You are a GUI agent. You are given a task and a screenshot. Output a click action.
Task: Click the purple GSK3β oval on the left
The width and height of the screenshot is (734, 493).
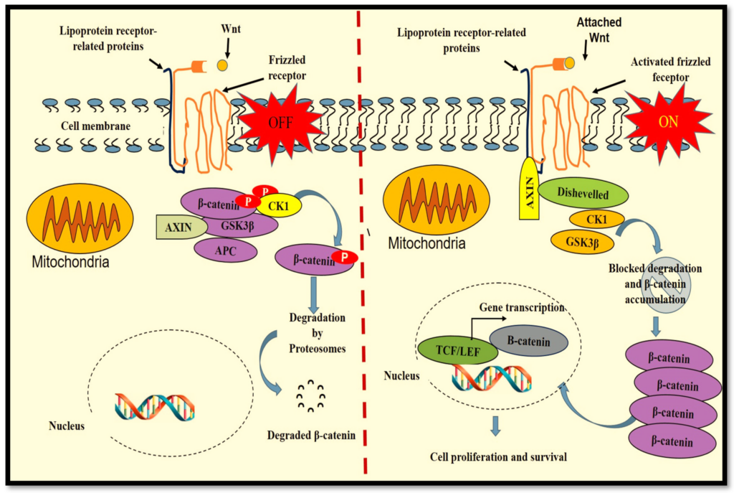point(239,225)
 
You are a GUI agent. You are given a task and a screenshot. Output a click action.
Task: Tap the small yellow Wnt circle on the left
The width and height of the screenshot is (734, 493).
point(223,65)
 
